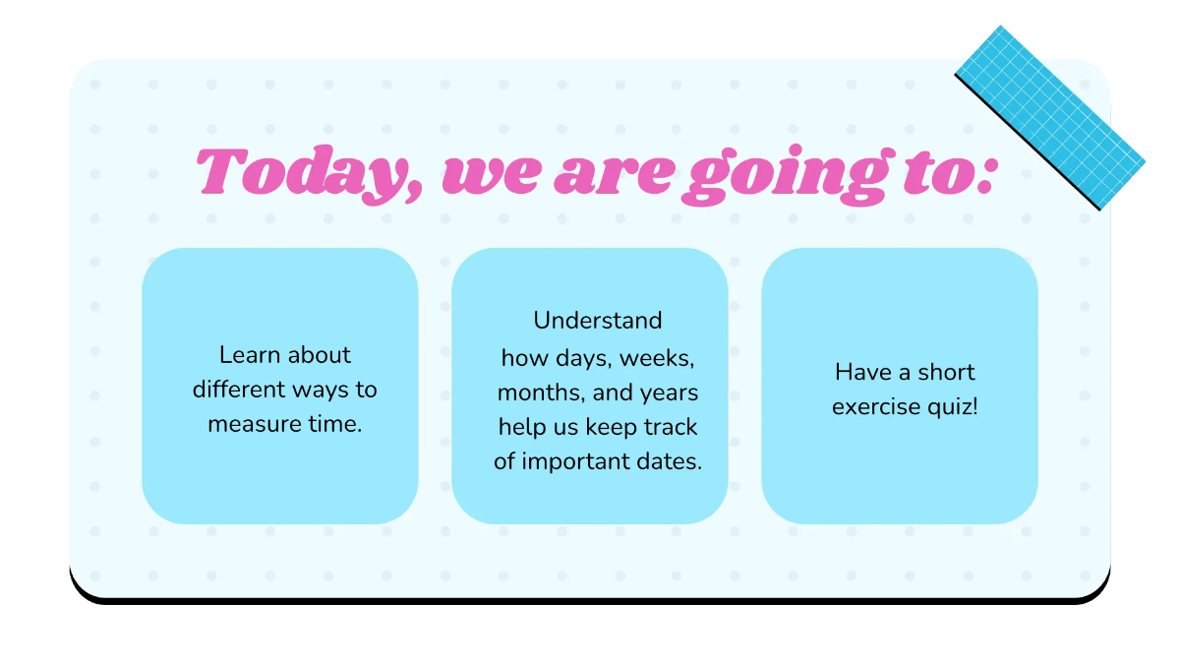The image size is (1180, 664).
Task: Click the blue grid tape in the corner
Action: (x=1050, y=117)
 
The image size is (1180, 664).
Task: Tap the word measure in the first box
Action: (x=251, y=424)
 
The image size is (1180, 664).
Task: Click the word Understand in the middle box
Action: (x=597, y=321)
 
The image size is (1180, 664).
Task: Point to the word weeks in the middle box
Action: (x=662, y=356)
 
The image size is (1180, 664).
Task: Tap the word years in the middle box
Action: (x=669, y=392)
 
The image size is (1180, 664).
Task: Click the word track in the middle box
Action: (x=672, y=427)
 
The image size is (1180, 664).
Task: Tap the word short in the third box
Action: (x=946, y=372)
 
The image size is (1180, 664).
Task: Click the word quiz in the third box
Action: (x=951, y=407)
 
